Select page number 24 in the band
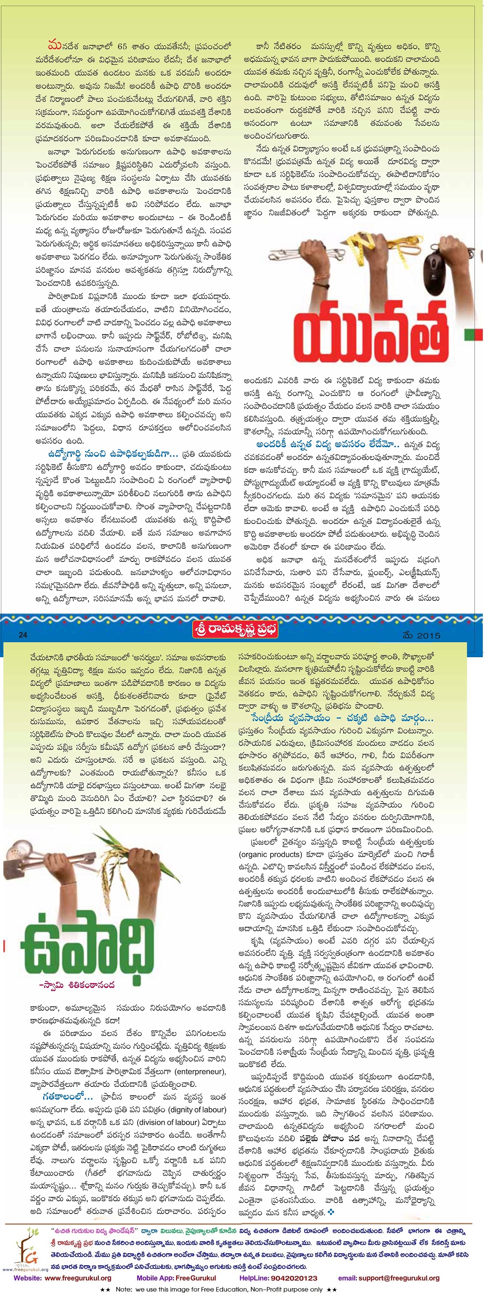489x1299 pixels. [x=23, y=635]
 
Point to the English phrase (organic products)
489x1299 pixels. [x=270, y=854]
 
